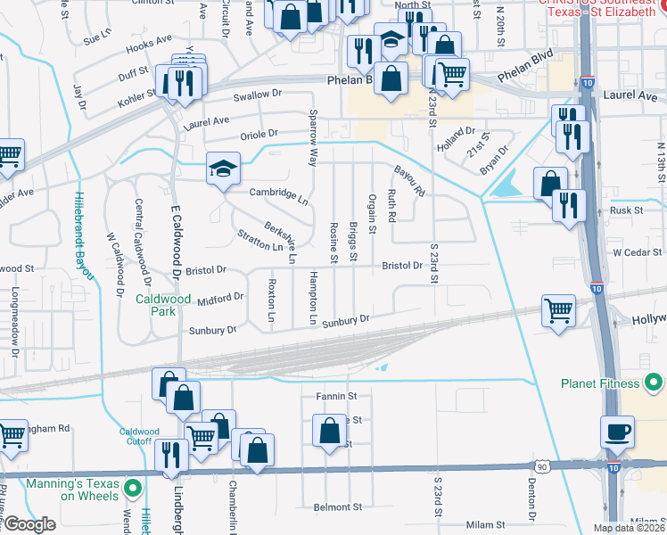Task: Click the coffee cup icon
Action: coord(617,432)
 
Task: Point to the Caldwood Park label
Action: coord(163,305)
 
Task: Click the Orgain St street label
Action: coord(372,215)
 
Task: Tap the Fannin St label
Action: coord(336,396)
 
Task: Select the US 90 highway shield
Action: coord(542,465)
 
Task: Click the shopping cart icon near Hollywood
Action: coord(558,311)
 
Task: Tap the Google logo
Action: coord(29,524)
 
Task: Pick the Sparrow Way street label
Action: coord(312,138)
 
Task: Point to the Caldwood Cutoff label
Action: coord(140,436)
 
